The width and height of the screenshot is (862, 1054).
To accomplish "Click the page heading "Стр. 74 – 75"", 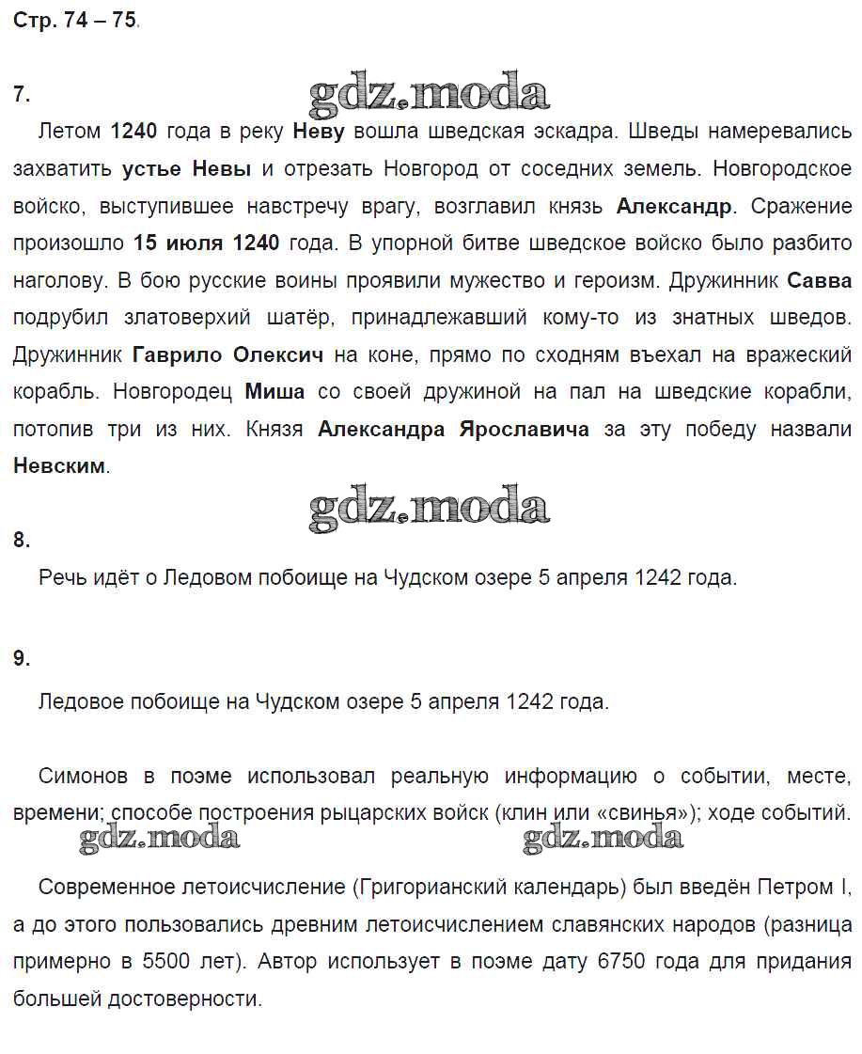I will pos(75,20).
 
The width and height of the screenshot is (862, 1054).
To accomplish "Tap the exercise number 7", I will pos(22,94).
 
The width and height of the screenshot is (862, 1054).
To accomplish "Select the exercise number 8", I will pos(22,540).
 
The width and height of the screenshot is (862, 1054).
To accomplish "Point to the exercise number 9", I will pos(22,659).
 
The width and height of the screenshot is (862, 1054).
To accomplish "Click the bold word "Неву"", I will pos(319,132).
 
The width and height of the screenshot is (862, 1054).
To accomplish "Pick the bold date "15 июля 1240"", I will pos(207,244).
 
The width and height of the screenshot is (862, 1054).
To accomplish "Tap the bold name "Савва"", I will pos(819,280).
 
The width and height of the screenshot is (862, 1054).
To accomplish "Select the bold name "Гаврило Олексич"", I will pos(228,355).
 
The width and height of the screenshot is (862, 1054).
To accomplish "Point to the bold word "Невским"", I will pos(59,466).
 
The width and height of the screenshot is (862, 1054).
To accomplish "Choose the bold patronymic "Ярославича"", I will pos(524,430).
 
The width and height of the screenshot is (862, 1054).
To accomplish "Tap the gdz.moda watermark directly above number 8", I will pos(429,509).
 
